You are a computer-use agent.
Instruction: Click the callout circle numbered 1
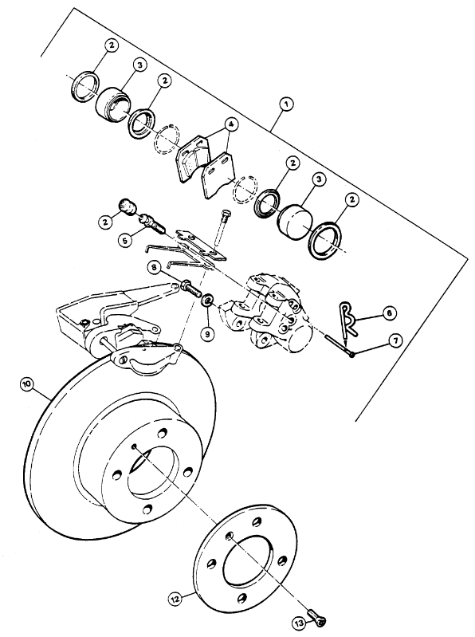point(286,104)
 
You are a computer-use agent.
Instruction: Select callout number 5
point(125,240)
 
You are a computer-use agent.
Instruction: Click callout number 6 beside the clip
point(389,313)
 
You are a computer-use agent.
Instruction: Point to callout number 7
point(395,340)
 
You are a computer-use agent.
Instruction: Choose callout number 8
point(155,268)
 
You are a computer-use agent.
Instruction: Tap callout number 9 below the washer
point(207,334)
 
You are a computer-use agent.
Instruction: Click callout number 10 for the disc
point(27,384)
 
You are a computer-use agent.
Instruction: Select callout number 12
point(175,598)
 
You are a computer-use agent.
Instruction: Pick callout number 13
point(299,623)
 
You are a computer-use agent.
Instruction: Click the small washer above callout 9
point(207,301)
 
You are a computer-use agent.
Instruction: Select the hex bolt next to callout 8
point(190,287)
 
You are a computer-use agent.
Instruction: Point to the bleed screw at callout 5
point(151,225)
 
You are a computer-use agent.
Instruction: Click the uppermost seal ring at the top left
point(84,86)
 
